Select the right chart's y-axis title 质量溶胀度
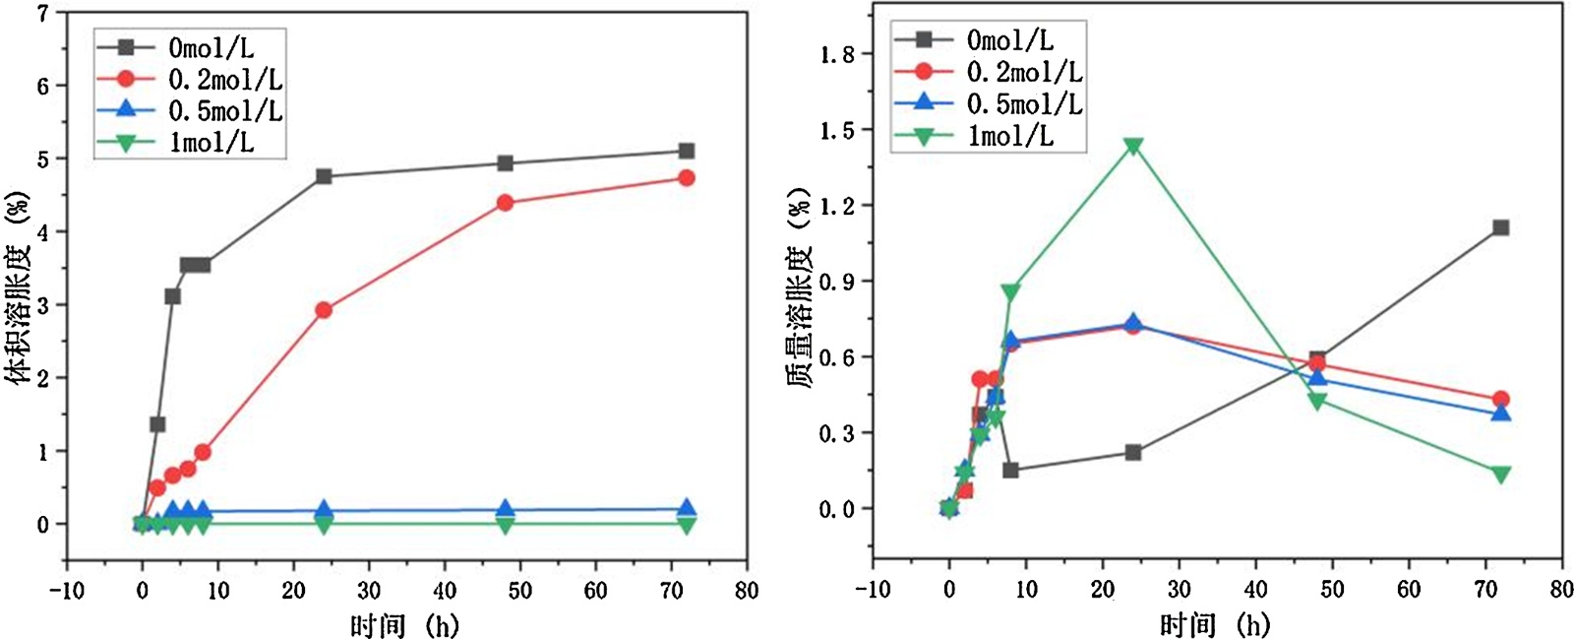(x=802, y=286)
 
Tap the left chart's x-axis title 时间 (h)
(x=404, y=624)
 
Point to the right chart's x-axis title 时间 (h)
(x=1215, y=624)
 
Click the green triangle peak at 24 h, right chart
(x=1133, y=147)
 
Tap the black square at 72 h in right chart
(x=1500, y=227)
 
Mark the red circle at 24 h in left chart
(x=324, y=310)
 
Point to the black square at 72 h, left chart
(x=687, y=151)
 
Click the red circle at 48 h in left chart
(x=505, y=203)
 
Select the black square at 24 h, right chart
(x=1133, y=453)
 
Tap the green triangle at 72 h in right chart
(x=1500, y=475)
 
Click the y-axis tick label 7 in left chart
(x=42, y=14)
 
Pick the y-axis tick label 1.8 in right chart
(x=837, y=54)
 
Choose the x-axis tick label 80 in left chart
(x=747, y=591)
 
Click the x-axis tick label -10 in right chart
(x=872, y=590)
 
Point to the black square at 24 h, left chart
(x=324, y=176)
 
